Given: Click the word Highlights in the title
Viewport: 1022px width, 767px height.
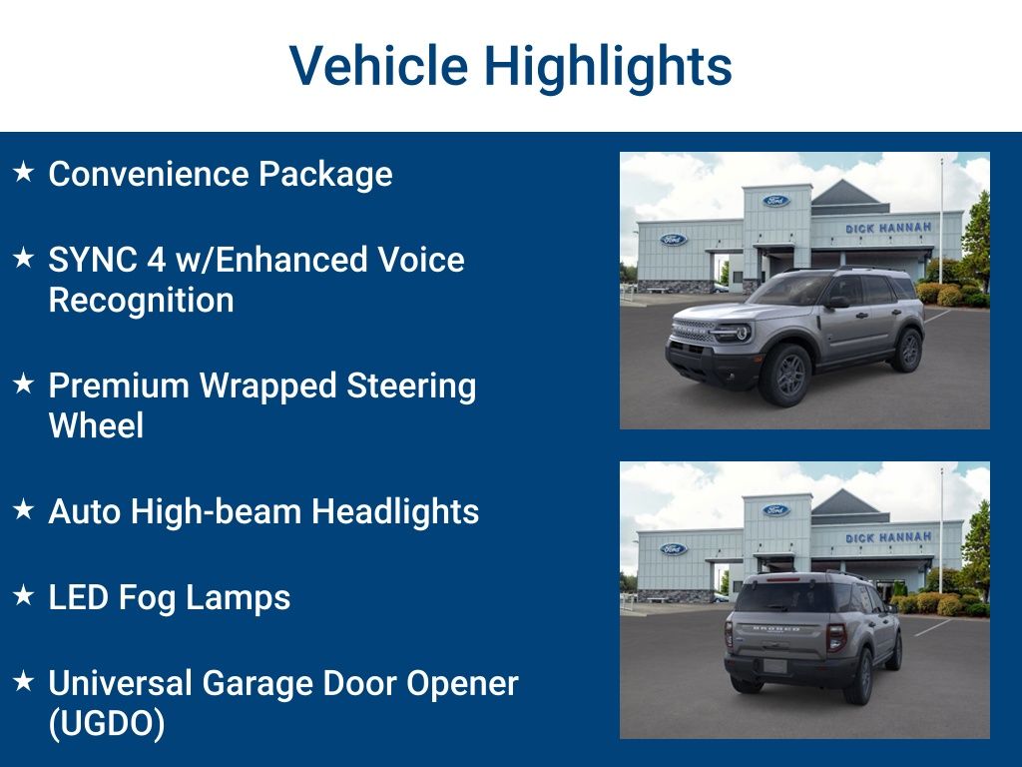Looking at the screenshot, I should tap(608, 67).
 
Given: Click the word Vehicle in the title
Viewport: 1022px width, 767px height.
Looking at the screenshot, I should tap(378, 67).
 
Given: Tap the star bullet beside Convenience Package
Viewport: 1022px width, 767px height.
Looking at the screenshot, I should tap(23, 172).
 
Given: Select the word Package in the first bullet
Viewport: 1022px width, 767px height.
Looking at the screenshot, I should tap(325, 174).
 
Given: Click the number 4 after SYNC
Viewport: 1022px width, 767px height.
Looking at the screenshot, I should tap(156, 260).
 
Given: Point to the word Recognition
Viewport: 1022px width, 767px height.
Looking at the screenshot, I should tap(141, 300).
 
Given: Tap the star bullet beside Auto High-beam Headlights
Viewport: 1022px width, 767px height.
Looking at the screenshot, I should tap(23, 509).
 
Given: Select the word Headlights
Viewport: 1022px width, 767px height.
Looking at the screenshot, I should tap(395, 511).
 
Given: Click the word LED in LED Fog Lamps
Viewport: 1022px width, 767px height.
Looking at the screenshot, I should tap(78, 597).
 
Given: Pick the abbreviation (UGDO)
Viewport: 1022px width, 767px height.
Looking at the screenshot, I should tap(106, 723).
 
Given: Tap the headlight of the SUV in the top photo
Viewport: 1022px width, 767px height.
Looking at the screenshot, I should tap(738, 332).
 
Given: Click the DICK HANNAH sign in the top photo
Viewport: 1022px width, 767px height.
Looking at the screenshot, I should tap(888, 228).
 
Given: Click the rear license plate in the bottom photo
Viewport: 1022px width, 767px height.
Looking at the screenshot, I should tap(774, 665).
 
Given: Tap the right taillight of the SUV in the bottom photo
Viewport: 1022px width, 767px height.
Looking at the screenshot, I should tap(836, 637).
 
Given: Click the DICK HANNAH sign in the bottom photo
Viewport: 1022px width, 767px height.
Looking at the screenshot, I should tap(888, 537).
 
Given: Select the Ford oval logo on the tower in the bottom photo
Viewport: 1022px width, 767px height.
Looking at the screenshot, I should tap(775, 510).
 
